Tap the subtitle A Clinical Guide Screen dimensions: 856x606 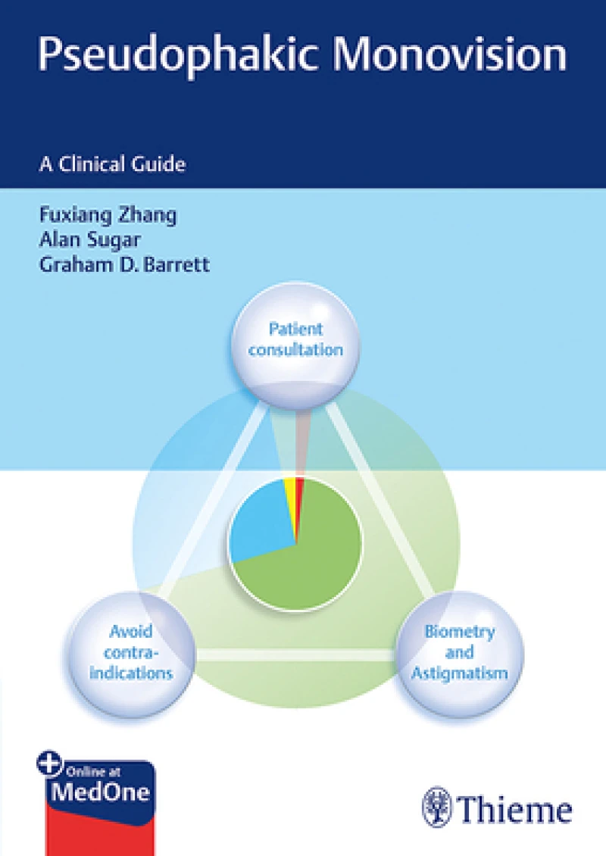[x=112, y=163]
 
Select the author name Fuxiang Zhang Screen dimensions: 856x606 [x=108, y=214]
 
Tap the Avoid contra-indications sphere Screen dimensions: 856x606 [x=131, y=651]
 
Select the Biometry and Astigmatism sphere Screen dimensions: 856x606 [x=459, y=651]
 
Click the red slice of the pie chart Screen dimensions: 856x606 [x=299, y=489]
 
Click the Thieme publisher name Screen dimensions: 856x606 [x=515, y=808]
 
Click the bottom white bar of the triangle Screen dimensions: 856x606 [x=295, y=654]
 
